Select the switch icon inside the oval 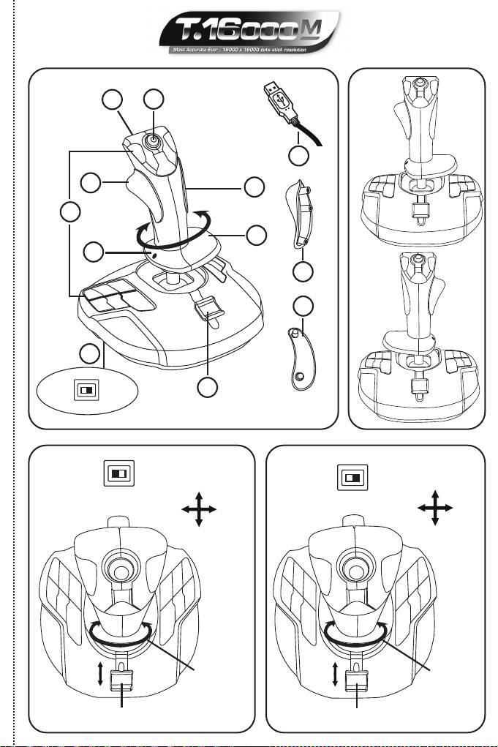click(x=86, y=390)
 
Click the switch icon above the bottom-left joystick click(x=118, y=474)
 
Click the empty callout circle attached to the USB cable click(x=296, y=156)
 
